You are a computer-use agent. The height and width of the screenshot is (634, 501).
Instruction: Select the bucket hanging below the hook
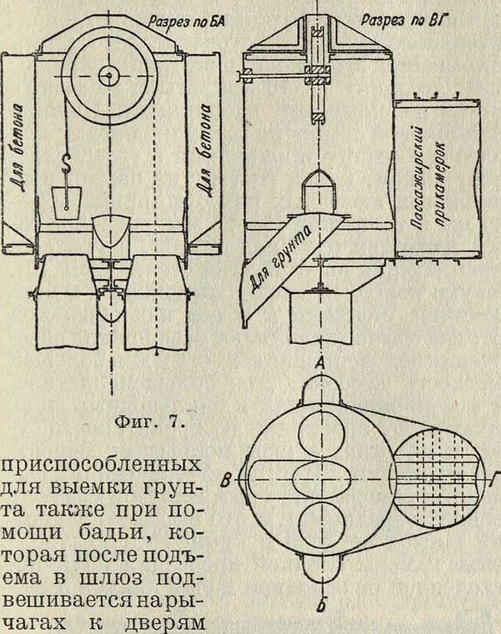tap(66, 199)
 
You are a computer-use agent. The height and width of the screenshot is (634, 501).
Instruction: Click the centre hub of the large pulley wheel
tap(111, 76)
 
